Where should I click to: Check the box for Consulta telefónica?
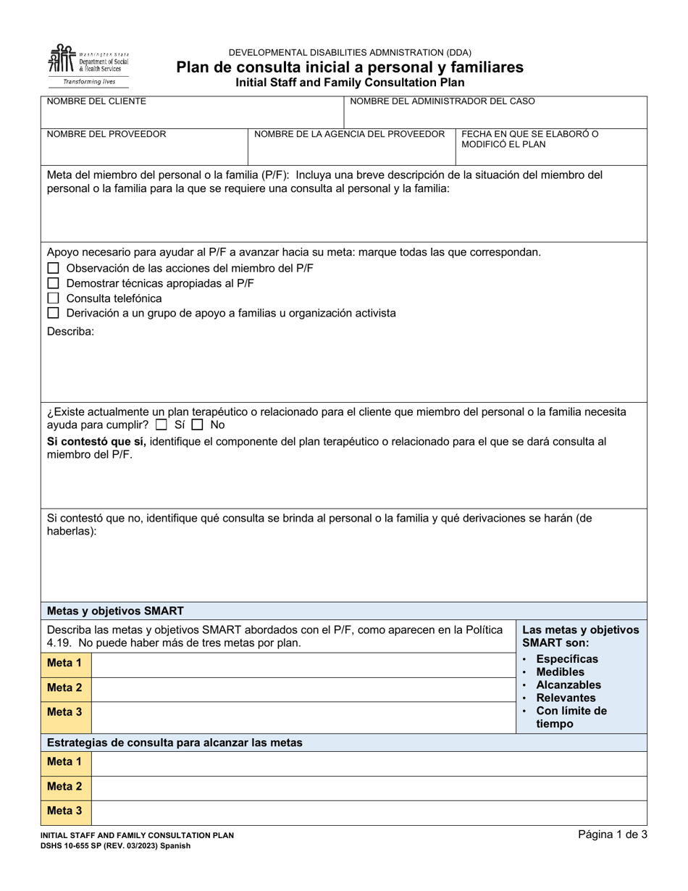[x=53, y=298]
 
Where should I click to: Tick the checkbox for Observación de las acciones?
[x=53, y=268]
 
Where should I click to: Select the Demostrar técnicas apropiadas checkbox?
[x=53, y=283]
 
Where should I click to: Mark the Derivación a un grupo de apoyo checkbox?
[x=53, y=313]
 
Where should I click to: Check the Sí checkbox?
[x=161, y=425]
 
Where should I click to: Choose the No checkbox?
[x=197, y=425]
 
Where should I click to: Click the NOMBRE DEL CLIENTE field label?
[x=96, y=101]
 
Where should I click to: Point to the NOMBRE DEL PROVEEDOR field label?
[x=106, y=134]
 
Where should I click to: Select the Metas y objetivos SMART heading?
[x=115, y=610]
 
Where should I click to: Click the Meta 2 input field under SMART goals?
[x=303, y=687]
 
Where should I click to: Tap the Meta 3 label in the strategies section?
[x=64, y=811]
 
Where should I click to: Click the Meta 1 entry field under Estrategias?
[x=368, y=762]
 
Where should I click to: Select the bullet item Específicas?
[x=567, y=658]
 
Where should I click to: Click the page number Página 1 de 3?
[x=612, y=834]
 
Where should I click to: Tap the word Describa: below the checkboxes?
[x=70, y=332]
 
